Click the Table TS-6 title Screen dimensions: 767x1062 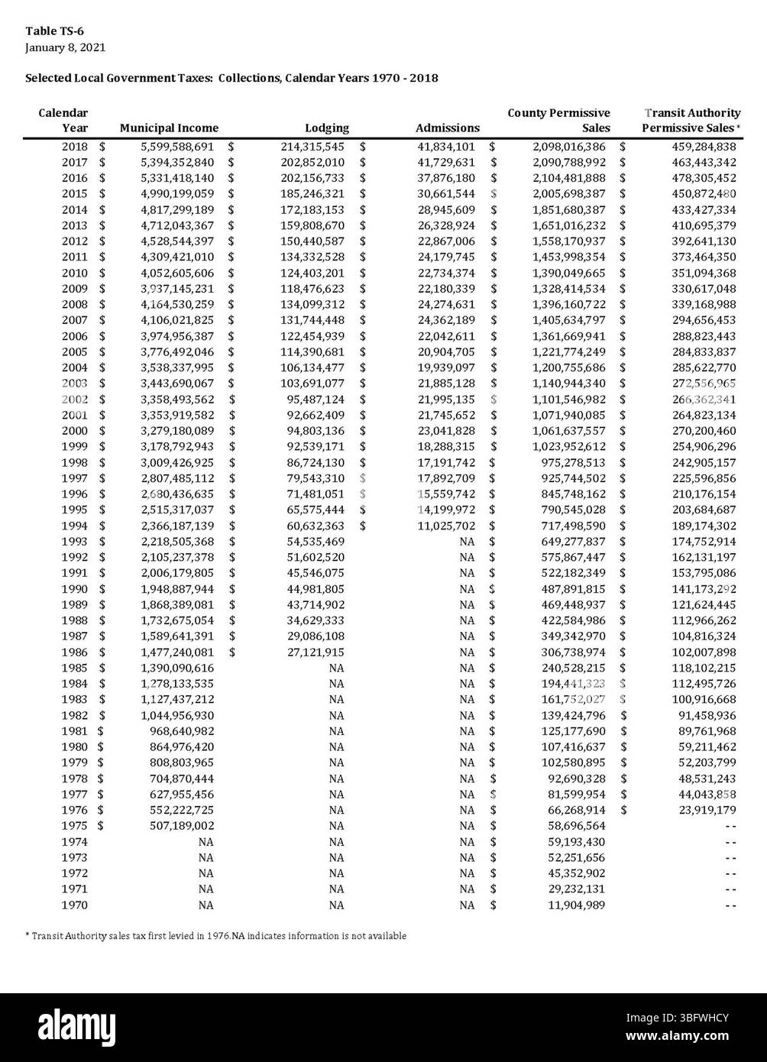[x=54, y=31]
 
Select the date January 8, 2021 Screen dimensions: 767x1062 [x=65, y=47]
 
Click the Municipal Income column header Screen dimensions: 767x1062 [x=169, y=128]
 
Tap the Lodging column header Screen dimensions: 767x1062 [x=326, y=128]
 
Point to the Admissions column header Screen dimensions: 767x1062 [x=447, y=128]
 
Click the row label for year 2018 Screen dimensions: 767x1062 [x=74, y=147]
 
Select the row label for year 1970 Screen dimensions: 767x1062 [x=74, y=905]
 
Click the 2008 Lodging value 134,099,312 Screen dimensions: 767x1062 [x=312, y=305]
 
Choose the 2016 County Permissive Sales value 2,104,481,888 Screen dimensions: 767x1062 [x=568, y=178]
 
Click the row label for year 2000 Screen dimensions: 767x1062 [x=74, y=431]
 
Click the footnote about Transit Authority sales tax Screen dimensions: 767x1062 [x=215, y=936]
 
